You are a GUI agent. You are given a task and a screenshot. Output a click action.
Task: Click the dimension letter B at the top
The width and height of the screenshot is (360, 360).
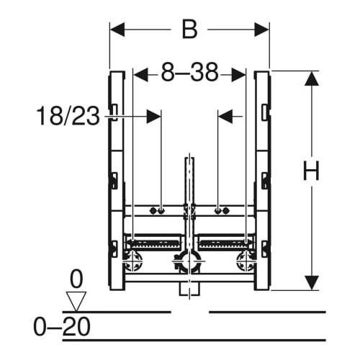coord(189,30)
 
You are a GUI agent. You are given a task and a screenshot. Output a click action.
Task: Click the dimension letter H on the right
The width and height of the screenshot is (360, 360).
coord(311,171)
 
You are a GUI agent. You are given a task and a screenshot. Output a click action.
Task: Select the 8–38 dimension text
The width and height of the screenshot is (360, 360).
coord(189,72)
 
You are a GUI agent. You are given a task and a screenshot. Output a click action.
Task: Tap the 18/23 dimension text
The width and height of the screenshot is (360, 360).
coord(68,117)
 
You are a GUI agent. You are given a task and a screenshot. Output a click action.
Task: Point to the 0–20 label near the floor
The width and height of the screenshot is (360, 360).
coord(62,326)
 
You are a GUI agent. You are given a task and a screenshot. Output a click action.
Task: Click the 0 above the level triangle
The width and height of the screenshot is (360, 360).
coord(76,279)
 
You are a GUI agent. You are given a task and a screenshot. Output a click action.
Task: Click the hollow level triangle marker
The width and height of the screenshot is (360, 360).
coord(76,301)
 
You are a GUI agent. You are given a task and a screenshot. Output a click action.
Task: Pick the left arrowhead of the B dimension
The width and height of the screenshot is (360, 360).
coord(117,30)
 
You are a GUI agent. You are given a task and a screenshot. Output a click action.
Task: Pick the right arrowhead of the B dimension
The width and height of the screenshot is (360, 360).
coord(262,30)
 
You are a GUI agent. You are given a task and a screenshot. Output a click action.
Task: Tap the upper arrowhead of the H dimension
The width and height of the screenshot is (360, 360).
coord(312,78)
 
